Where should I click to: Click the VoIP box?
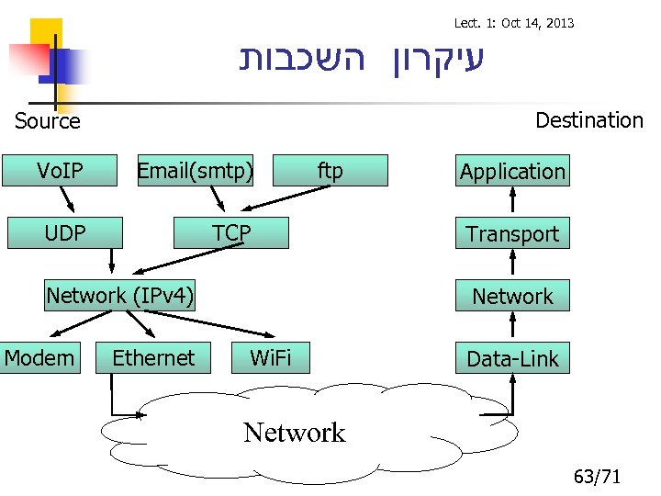(x=61, y=171)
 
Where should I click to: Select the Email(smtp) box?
(x=195, y=171)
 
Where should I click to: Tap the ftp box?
(x=330, y=171)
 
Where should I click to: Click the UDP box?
(x=64, y=233)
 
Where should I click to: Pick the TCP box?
(x=231, y=233)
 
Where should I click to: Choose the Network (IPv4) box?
(x=120, y=296)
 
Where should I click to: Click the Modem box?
(x=39, y=357)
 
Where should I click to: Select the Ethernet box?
(x=153, y=357)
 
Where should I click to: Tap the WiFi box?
(x=271, y=357)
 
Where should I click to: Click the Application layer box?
(x=512, y=172)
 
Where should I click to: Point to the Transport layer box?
(x=512, y=234)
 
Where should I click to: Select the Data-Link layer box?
(x=512, y=359)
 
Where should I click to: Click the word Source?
(x=48, y=121)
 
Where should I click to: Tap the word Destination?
(x=588, y=120)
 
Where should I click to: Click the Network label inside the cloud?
(x=295, y=433)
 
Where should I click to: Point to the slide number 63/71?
(x=597, y=477)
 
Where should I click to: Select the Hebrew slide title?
(x=360, y=59)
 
